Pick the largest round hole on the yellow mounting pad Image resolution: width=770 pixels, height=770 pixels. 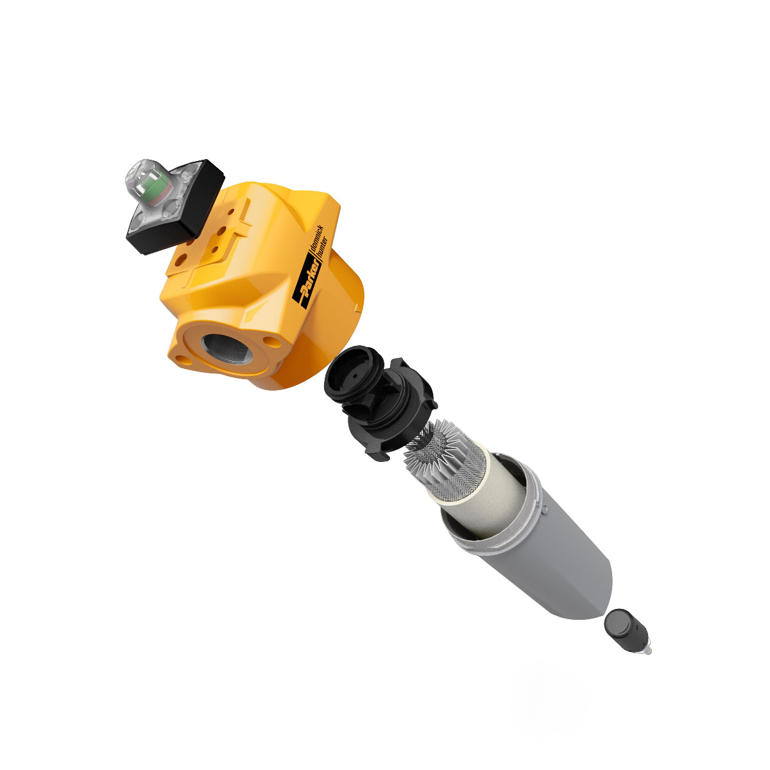[x=182, y=259]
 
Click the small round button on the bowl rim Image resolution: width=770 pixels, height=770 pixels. [x=543, y=510]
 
